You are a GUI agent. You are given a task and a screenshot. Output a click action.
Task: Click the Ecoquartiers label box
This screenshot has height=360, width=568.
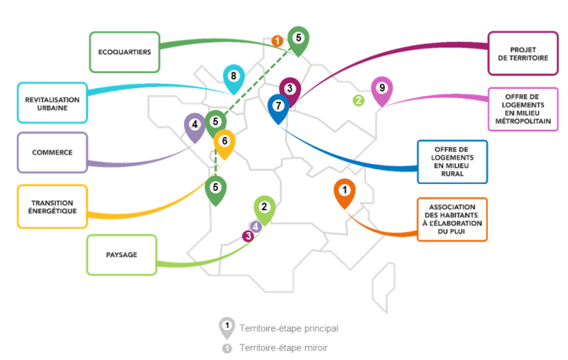click(125, 52)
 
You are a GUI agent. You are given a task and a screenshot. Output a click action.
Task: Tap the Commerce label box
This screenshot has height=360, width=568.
click(53, 153)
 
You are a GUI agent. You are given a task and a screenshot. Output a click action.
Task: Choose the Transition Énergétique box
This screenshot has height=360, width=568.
click(53, 207)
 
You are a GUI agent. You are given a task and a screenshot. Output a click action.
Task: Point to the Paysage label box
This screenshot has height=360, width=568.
click(121, 255)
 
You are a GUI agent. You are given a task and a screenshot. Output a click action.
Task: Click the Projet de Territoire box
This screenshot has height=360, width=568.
click(523, 53)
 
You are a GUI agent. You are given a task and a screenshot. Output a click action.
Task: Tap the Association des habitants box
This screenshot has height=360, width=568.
click(452, 219)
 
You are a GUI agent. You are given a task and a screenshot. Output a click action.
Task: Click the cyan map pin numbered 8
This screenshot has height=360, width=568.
click(233, 76)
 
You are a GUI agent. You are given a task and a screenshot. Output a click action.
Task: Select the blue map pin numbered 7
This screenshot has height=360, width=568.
click(278, 106)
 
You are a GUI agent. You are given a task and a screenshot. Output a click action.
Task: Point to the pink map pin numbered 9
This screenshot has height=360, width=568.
click(382, 89)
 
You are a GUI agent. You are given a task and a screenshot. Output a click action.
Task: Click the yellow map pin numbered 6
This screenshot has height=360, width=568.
click(224, 141)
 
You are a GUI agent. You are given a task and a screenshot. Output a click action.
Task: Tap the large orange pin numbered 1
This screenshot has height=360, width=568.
click(344, 190)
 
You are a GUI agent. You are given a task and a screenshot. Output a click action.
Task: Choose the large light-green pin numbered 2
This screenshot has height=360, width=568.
click(264, 207)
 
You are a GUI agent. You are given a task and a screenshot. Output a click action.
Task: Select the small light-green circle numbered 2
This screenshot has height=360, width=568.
click(359, 100)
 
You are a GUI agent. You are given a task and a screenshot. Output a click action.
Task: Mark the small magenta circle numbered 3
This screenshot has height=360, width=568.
click(248, 236)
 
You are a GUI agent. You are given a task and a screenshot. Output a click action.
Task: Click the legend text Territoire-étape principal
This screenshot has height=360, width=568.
click(288, 329)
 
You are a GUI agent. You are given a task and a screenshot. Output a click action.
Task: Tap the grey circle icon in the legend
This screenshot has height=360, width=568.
click(226, 348)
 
